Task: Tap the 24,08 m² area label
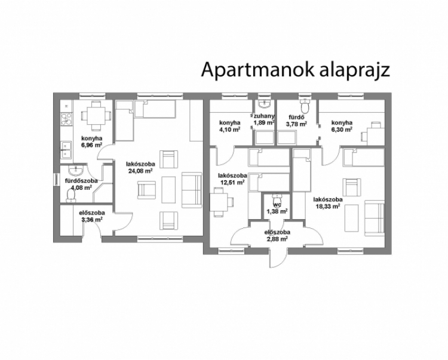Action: (140, 171)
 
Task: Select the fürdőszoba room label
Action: (81, 181)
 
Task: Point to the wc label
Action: (277, 205)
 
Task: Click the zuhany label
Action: (264, 116)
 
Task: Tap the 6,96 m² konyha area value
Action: (92, 145)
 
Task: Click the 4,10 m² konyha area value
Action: (229, 129)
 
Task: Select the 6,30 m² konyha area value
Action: (342, 129)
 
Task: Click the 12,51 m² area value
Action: (232, 182)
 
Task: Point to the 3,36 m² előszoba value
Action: (92, 219)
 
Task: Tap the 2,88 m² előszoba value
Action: (277, 239)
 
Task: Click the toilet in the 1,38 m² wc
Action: (277, 198)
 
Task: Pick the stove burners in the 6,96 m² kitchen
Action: (67, 119)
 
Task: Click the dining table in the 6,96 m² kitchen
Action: (96, 116)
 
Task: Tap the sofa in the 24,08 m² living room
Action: (192, 190)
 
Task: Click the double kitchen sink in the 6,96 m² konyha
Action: (66, 150)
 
